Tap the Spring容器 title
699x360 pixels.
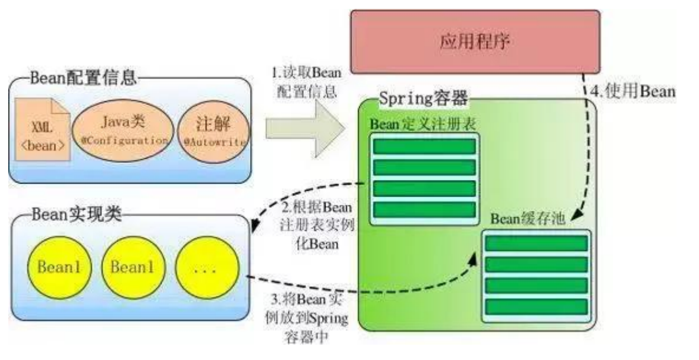tap(424, 97)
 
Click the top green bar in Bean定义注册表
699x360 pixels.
tap(425, 145)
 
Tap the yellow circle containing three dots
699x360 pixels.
tap(207, 269)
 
